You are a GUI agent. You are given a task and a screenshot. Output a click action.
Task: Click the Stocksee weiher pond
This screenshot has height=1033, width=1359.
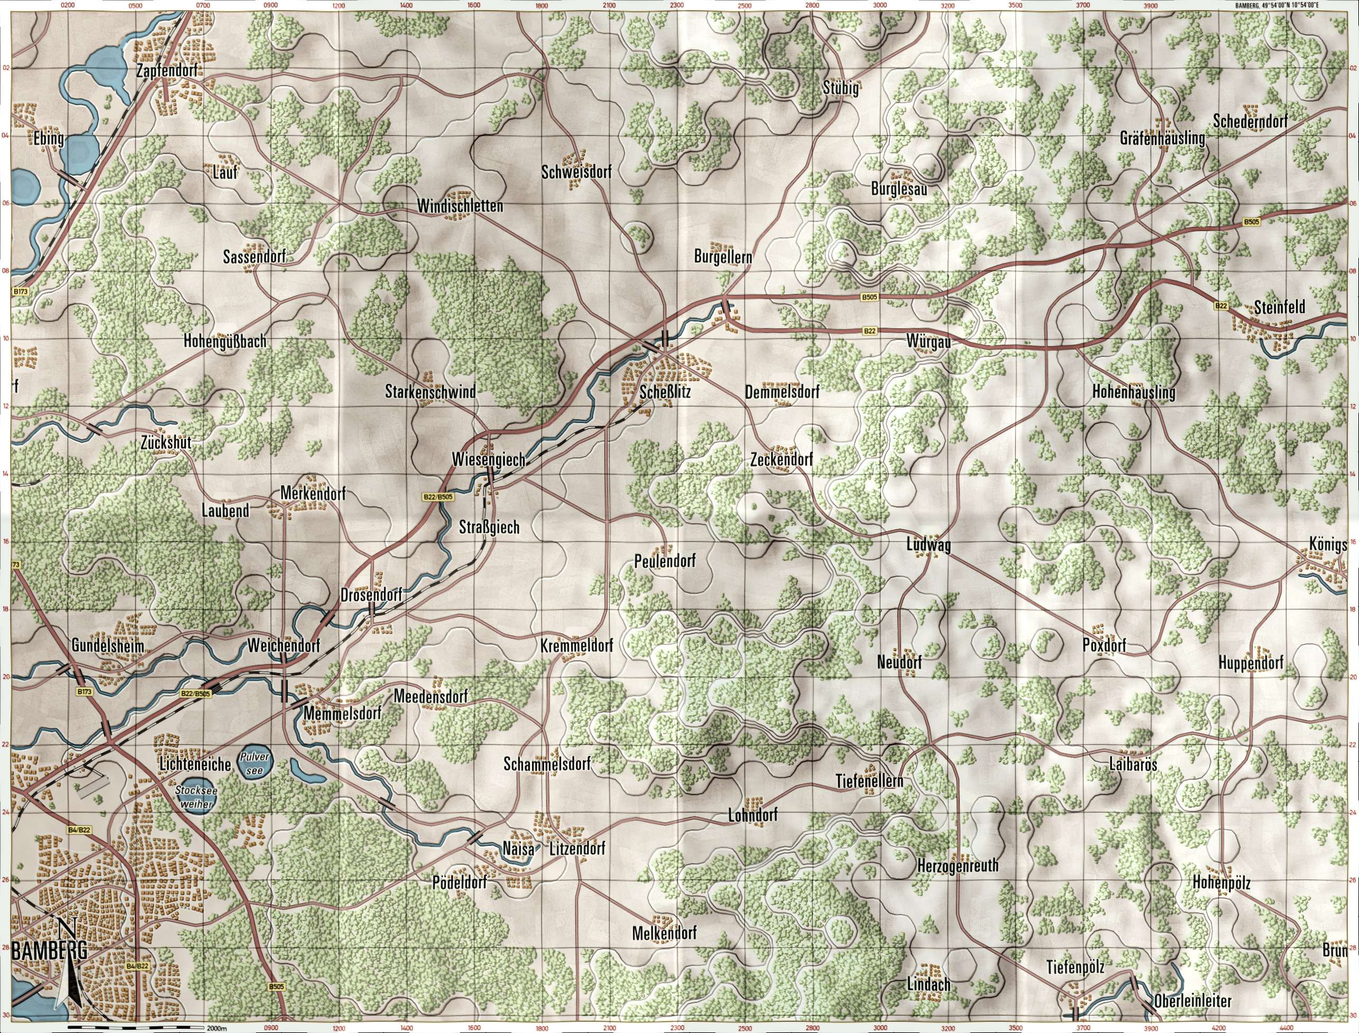pyautogui.click(x=193, y=798)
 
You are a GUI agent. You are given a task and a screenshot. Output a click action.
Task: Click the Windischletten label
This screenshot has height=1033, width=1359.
pyautogui.click(x=460, y=206)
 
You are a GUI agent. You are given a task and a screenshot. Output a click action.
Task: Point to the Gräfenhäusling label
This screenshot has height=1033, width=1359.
pyautogui.click(x=1162, y=140)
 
